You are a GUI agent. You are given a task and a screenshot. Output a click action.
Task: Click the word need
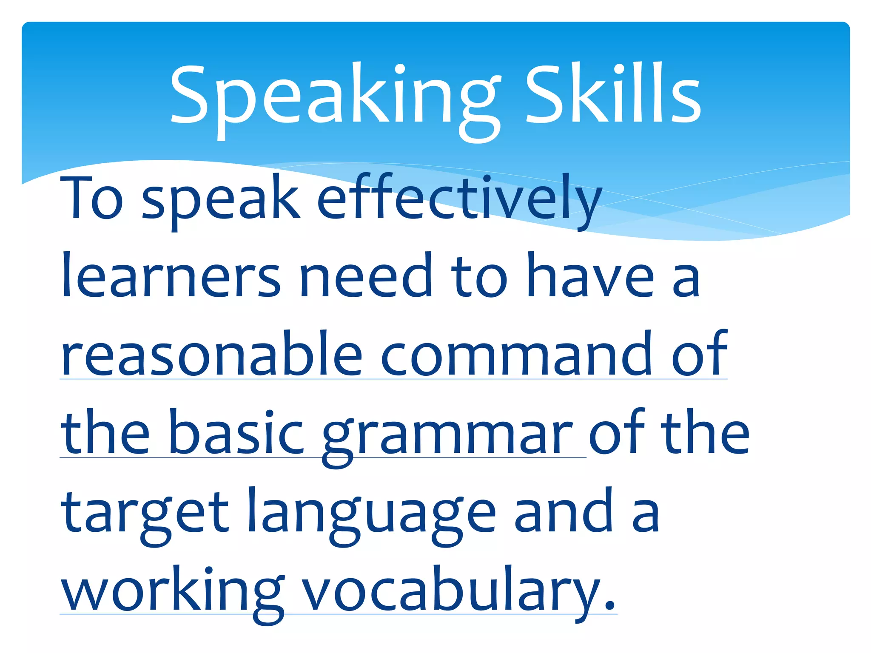coord(365,276)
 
